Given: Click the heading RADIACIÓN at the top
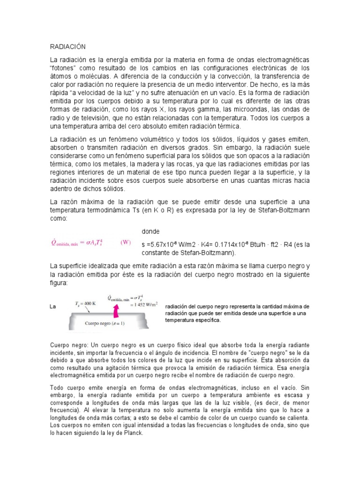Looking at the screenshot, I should tap(68, 47).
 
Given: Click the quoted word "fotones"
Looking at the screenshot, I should tap(64, 68).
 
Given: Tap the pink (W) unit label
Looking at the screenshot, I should tap(126, 242).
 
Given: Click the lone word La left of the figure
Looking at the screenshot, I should tap(53, 307).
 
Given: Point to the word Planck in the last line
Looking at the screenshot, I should tap(131, 433).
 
